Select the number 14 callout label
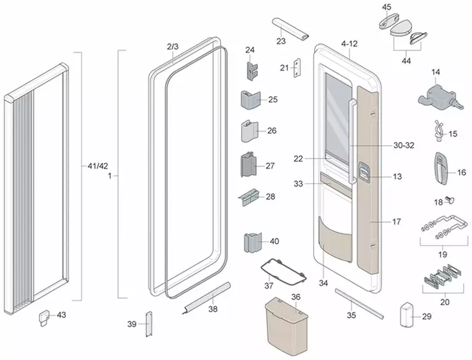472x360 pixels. [x=436, y=72]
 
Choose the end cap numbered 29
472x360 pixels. [x=406, y=316]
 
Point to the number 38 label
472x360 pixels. [x=213, y=309]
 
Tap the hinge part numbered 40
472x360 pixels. [x=252, y=244]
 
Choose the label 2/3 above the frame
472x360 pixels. [x=172, y=47]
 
